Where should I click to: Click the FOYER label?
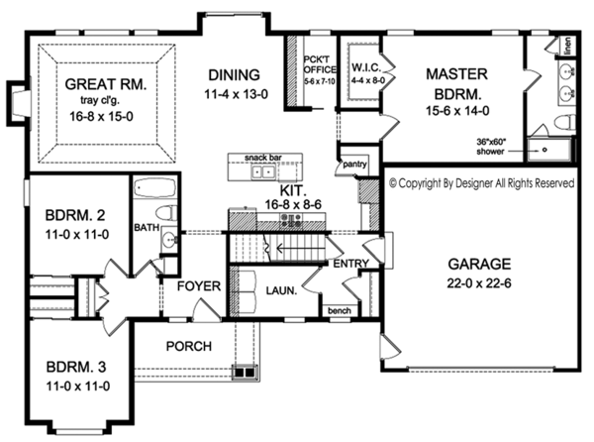198,286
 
